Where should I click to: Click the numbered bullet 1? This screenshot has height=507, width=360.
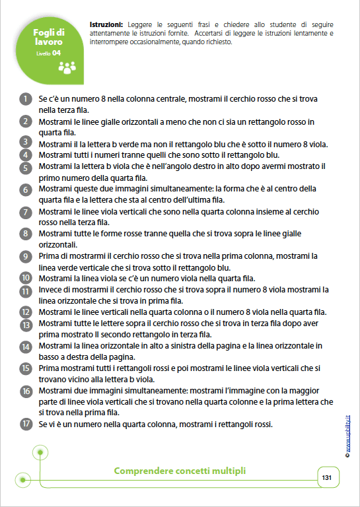click(x=25, y=99)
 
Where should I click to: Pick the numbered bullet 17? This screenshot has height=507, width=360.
click(x=25, y=424)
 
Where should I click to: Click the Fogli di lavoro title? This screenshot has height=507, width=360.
click(x=50, y=37)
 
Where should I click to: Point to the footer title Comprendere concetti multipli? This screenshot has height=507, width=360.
click(x=179, y=471)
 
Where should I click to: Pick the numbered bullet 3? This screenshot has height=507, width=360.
click(x=25, y=143)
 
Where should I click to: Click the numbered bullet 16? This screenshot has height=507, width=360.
click(x=25, y=391)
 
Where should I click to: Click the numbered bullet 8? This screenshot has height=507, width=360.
click(x=25, y=234)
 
